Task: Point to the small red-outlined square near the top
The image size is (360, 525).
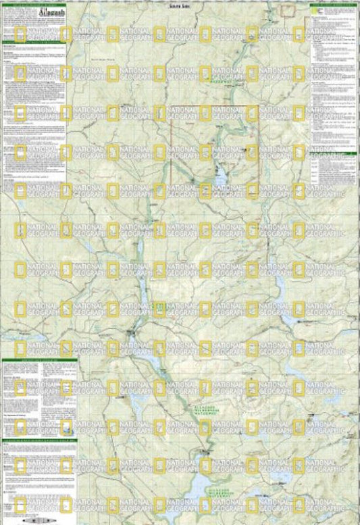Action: click(x=288, y=9)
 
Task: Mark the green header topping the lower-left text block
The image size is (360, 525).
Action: click(x=38, y=361)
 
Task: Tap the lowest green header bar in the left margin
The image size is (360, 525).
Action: click(x=38, y=441)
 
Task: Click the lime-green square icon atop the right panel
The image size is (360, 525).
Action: click(x=313, y=6)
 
